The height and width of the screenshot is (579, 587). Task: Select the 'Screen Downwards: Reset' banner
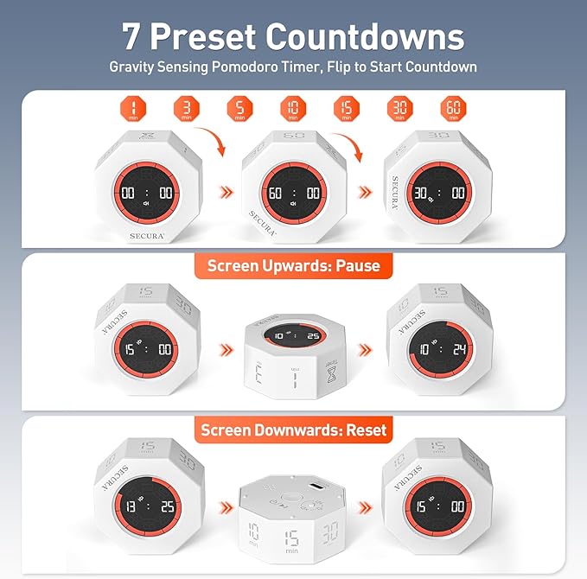[293, 429]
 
